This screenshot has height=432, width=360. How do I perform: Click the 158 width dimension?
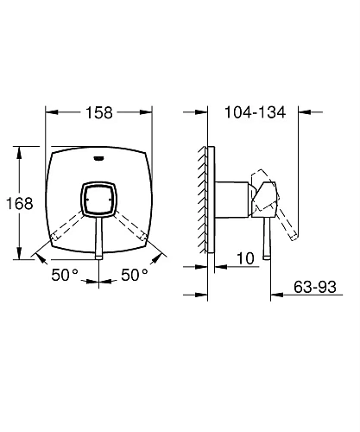point(99,112)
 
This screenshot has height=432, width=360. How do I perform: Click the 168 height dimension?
point(20,203)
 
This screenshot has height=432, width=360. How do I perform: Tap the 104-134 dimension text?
point(255,112)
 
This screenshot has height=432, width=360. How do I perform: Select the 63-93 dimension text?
point(315,287)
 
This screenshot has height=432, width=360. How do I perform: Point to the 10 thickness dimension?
point(245,258)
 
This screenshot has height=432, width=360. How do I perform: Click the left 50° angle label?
point(65,275)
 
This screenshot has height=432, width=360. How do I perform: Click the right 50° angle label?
point(135,275)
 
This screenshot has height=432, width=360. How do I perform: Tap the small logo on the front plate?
point(98,157)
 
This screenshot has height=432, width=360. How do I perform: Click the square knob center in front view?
point(98,199)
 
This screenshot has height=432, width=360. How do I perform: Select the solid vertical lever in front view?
point(98,238)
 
